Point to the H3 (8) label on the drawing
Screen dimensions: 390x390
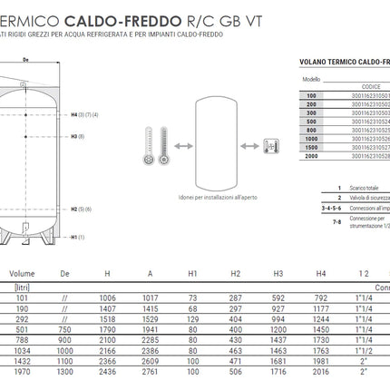78,137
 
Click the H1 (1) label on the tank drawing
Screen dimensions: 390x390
78,237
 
